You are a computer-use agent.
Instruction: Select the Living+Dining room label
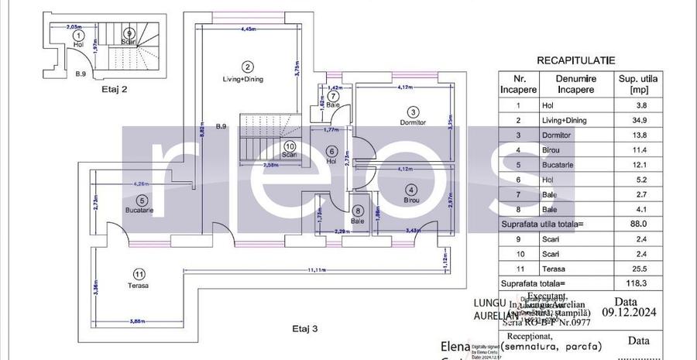(x=247, y=78)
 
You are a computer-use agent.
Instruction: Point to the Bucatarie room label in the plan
(x=141, y=210)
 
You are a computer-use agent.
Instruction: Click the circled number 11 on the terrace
(x=139, y=273)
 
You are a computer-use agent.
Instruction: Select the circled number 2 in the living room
(x=247, y=67)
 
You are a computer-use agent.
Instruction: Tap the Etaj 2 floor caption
(x=114, y=89)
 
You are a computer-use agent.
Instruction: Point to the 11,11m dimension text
(x=314, y=269)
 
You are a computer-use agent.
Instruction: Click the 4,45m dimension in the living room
(x=248, y=29)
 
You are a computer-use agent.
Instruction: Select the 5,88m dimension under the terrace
(x=139, y=321)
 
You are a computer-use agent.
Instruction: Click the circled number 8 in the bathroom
(x=357, y=210)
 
